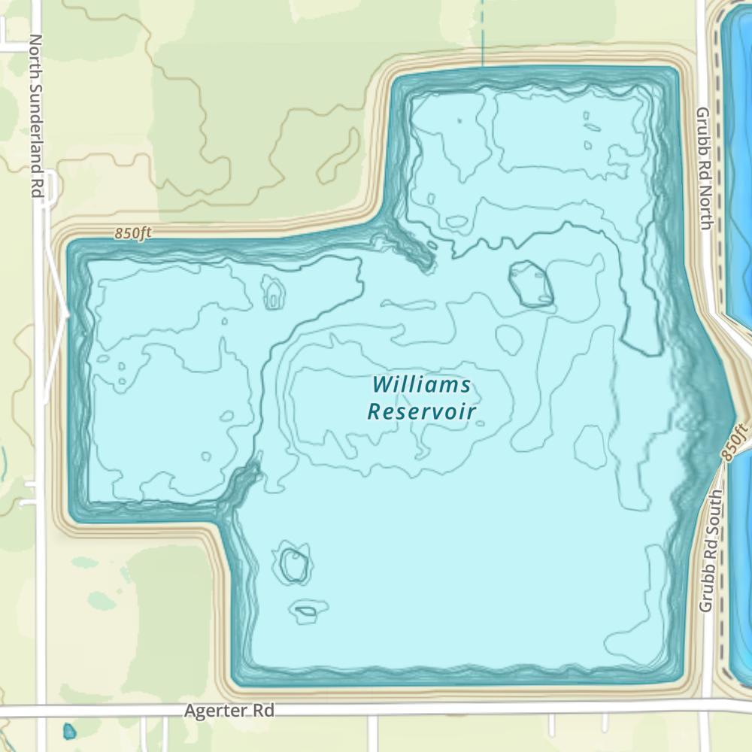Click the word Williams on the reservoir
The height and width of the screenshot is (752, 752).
(422, 385)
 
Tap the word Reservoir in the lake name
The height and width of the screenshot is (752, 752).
(422, 411)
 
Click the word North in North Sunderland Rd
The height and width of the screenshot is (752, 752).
(35, 53)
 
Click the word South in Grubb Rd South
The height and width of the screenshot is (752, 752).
(707, 512)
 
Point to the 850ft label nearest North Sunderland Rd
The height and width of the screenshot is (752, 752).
(133, 234)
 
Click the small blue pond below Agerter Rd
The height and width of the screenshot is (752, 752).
(69, 731)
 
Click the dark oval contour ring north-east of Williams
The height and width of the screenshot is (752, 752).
(531, 284)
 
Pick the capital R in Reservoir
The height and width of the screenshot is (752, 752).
(374, 411)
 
